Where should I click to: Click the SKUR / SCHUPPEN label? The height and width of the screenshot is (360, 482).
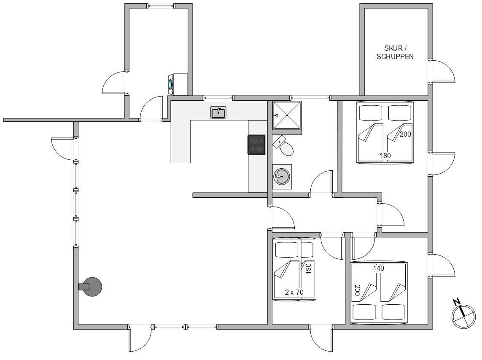395,52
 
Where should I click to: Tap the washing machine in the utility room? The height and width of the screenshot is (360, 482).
178,84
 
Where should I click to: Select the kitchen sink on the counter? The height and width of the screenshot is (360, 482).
218,113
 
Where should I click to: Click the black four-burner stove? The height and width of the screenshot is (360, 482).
256,144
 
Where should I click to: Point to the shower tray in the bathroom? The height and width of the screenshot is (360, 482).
287,115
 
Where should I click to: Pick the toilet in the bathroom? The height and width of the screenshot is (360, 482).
283,146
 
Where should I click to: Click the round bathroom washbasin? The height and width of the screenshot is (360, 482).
282,176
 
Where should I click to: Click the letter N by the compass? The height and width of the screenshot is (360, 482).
457,302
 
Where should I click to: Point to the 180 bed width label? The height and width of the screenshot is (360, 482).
385,156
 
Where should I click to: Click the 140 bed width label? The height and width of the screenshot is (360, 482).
378,268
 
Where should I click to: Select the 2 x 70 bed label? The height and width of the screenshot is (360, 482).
294,292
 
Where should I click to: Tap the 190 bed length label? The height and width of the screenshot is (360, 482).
308,268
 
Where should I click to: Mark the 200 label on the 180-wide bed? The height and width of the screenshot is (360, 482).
405,134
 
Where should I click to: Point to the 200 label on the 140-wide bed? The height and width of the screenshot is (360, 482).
357,290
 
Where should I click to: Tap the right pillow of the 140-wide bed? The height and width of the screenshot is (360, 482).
393,312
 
